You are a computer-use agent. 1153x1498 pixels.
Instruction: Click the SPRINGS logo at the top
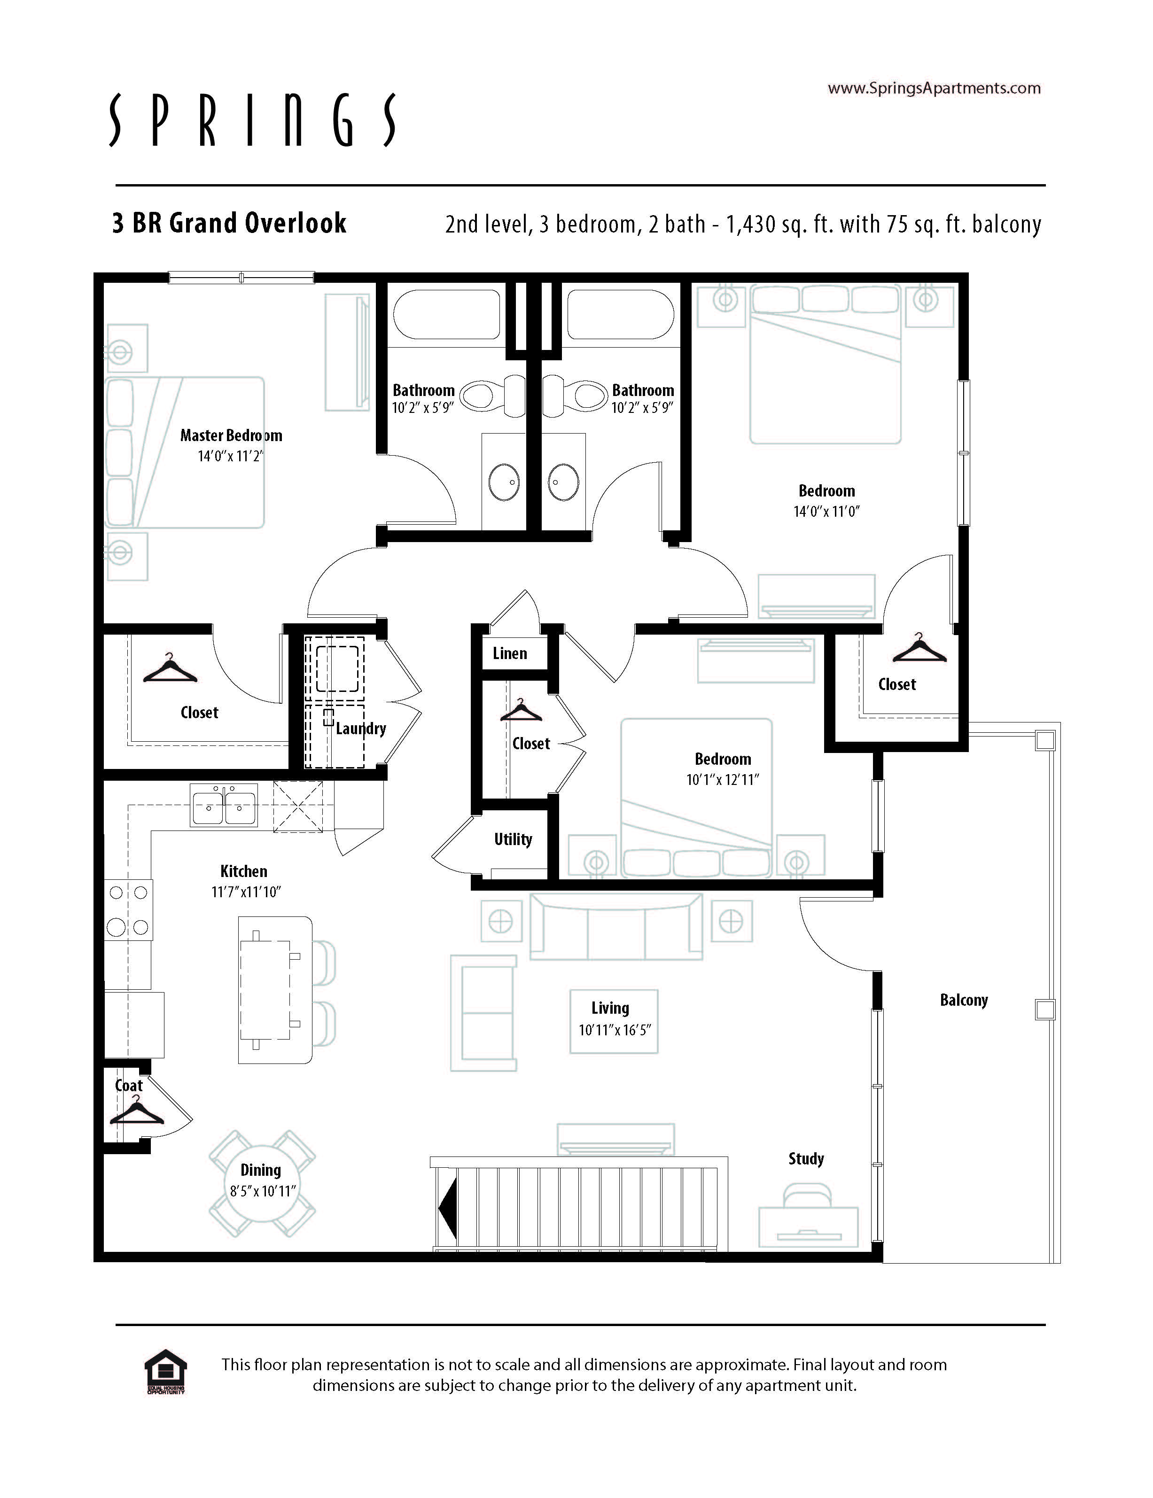[252, 120]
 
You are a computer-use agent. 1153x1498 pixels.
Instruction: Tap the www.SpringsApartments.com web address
[934, 88]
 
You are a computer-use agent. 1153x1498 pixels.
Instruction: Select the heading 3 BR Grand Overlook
[229, 224]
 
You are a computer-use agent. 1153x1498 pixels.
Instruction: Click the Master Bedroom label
[231, 435]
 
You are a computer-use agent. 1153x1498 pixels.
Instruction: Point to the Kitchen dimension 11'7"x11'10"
[246, 892]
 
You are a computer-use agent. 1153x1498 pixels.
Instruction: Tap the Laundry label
[361, 729]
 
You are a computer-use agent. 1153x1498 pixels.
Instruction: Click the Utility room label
[513, 839]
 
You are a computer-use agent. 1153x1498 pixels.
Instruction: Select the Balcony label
[964, 1000]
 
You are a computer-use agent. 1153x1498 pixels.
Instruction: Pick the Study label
[806, 1158]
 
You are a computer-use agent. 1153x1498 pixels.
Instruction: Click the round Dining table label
[261, 1170]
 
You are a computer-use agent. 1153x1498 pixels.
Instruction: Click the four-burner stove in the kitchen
[128, 909]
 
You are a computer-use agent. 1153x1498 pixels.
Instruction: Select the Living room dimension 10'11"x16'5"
[614, 1030]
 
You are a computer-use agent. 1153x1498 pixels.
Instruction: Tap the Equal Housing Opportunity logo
[166, 1372]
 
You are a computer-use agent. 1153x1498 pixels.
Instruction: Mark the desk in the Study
[809, 1226]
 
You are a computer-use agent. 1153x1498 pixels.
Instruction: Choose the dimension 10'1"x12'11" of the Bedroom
[723, 780]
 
